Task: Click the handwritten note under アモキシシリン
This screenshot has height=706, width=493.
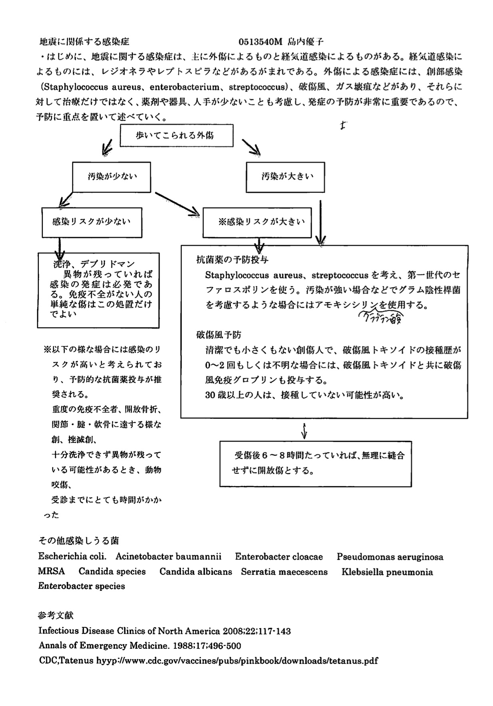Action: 381,319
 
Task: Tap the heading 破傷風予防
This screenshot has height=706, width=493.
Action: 219,334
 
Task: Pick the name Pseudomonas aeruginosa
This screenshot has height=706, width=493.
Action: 390,557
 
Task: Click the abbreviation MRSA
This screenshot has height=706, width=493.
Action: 51,572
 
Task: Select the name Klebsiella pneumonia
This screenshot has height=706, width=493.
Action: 387,572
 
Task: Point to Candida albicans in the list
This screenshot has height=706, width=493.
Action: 196,572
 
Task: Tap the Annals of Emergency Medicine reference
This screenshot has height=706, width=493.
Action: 140,646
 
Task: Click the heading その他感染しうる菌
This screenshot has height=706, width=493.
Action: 78,541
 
